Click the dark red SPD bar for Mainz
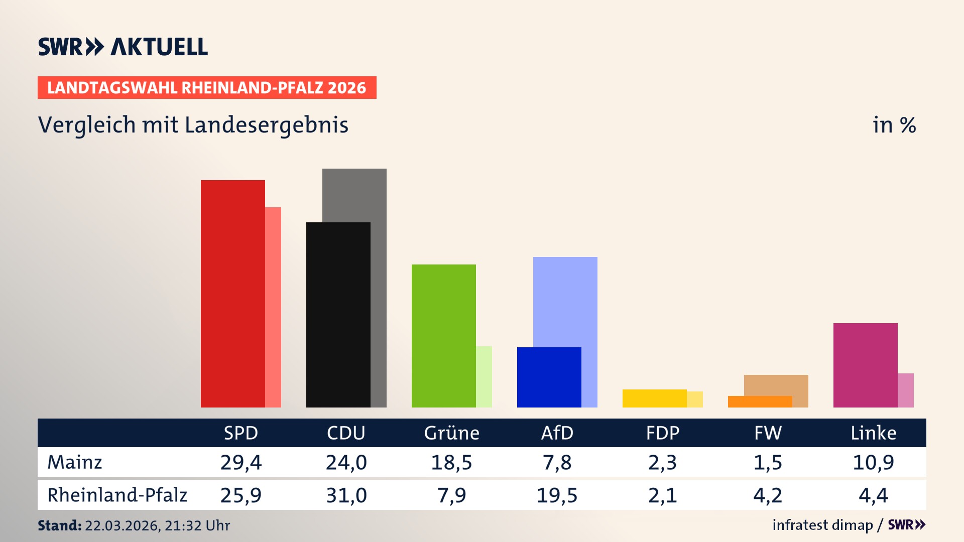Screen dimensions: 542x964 click(232, 294)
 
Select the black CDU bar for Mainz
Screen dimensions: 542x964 click(338, 315)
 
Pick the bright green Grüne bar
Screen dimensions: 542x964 click(443, 336)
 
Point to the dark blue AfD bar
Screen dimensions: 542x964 click(549, 377)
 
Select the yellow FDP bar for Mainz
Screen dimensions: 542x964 click(654, 398)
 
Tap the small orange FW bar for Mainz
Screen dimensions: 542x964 click(760, 402)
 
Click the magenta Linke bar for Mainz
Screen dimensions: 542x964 click(865, 365)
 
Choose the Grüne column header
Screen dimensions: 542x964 click(451, 433)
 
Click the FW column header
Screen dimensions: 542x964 click(768, 433)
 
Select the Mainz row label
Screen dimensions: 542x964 click(75, 462)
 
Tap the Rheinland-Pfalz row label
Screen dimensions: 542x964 click(117, 495)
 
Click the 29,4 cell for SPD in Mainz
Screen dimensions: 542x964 click(240, 462)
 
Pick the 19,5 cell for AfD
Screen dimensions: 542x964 click(557, 495)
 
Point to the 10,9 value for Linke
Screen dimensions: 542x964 click(873, 462)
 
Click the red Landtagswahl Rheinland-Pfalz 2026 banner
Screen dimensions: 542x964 click(207, 88)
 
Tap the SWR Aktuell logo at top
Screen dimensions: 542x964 click(123, 47)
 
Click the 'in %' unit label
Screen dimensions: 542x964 click(894, 125)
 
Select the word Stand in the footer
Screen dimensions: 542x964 click(59, 525)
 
